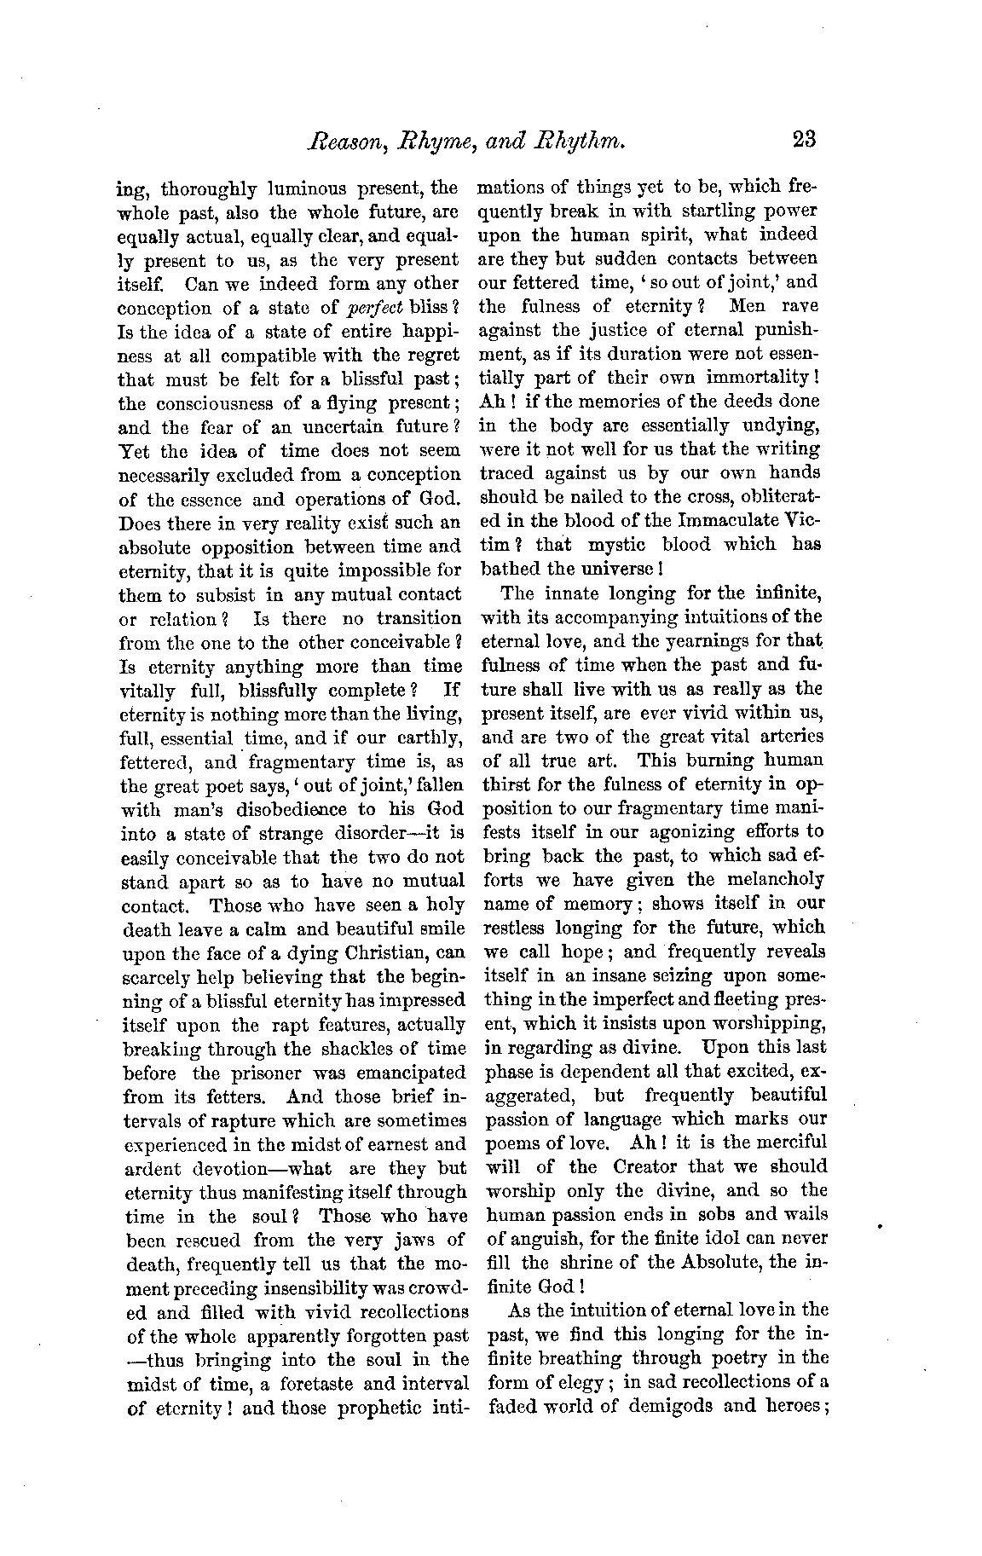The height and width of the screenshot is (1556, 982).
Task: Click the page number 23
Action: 804,138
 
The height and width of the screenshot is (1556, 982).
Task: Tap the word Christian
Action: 378,952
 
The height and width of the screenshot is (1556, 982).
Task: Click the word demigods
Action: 671,1406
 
